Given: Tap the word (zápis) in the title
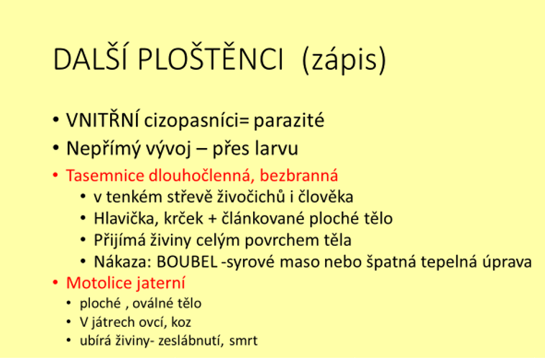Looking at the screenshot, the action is (344, 60).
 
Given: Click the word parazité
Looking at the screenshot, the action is (289, 121).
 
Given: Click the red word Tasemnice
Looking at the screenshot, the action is (105, 175).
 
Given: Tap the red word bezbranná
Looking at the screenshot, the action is (299, 175).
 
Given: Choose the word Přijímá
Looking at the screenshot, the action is (119, 241).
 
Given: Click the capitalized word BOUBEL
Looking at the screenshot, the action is (187, 262).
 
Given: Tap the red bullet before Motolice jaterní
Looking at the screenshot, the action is (55, 282).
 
